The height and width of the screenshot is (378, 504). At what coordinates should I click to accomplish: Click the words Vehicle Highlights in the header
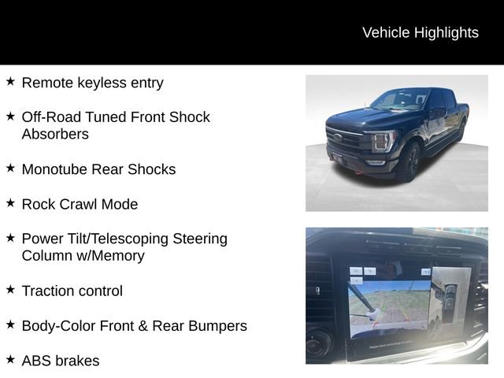coord(420,32)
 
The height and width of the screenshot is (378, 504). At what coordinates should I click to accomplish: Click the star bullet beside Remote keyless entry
coord(10,81)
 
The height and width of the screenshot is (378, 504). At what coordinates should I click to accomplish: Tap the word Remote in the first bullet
coord(48,83)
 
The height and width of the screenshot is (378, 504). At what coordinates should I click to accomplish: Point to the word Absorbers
coord(55,134)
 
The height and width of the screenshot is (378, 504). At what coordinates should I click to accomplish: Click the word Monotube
coord(54,169)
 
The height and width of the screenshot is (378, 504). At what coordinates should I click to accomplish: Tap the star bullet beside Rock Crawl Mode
coord(10,202)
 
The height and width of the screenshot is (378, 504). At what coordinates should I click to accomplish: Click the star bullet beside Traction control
coord(10,289)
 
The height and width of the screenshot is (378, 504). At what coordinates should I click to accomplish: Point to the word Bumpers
coord(218,325)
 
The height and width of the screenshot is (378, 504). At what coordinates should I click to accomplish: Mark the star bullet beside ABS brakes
coord(10,359)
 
